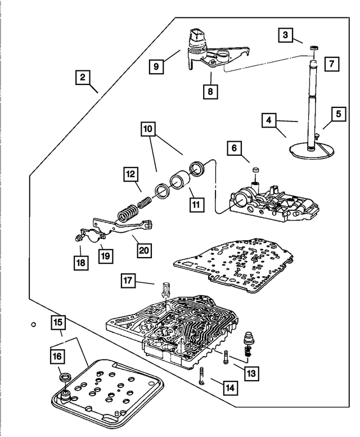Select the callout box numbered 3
[x=286, y=36]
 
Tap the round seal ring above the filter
[x=65, y=376]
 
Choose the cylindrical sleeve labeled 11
[x=179, y=184]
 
